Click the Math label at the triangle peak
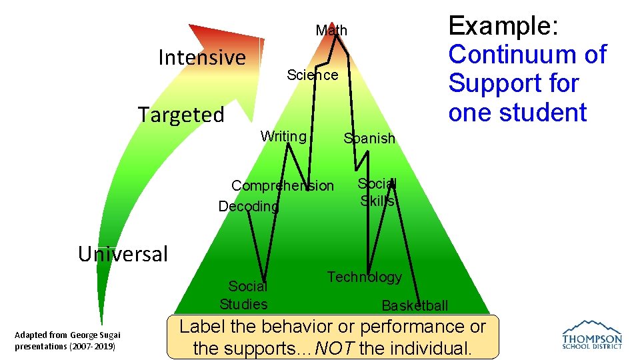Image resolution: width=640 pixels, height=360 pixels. [x=331, y=31]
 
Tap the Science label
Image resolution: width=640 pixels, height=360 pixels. [x=312, y=75]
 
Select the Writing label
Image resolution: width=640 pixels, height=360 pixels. [x=283, y=137]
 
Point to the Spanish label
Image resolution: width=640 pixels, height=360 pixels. [x=369, y=139]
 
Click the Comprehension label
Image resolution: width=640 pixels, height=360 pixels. [x=283, y=185]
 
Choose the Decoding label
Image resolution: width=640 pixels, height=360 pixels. [x=249, y=207]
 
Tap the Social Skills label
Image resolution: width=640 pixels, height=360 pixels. [x=377, y=192]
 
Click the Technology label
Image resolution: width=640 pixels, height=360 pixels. [x=364, y=277]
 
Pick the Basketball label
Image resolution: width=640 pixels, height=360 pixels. [x=415, y=306]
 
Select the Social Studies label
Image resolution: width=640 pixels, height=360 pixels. [x=245, y=295]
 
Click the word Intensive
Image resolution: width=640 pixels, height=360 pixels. [x=202, y=57]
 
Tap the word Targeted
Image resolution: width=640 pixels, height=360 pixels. [x=181, y=115]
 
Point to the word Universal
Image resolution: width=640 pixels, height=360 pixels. [x=123, y=254]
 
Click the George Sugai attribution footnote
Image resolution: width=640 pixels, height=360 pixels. [x=67, y=341]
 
